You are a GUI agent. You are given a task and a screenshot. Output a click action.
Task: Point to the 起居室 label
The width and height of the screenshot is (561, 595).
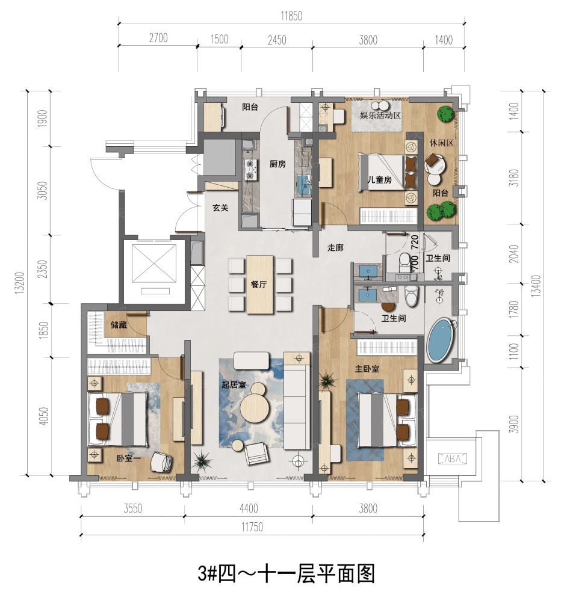(x=233, y=385)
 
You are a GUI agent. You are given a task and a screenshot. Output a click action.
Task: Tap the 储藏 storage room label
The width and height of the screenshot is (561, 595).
(x=119, y=325)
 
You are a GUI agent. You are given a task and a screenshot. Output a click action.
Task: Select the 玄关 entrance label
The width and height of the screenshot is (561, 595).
(x=220, y=208)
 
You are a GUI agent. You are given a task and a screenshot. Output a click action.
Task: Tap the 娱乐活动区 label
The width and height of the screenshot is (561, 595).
(x=380, y=114)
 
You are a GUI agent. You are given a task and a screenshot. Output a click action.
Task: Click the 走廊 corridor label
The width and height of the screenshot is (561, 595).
(x=335, y=247)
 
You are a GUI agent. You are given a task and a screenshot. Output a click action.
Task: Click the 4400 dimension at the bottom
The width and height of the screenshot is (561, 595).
(x=247, y=508)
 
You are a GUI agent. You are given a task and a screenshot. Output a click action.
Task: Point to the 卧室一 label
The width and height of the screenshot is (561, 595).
(x=129, y=457)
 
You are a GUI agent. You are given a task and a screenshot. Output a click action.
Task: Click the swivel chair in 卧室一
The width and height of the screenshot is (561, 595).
(x=161, y=462)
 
